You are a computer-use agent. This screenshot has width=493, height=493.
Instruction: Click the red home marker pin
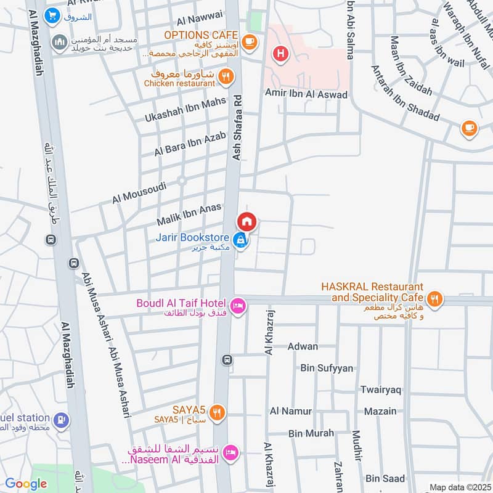pos(246,221)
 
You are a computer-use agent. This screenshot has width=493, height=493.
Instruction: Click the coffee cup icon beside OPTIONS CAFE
pos(249,41)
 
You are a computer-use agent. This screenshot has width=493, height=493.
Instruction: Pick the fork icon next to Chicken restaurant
pos(226,77)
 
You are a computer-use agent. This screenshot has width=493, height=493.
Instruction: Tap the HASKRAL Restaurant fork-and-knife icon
pos(436,299)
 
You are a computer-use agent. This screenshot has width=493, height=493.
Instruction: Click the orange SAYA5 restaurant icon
pos(216,413)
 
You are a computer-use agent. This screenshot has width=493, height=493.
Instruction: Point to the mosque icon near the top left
pos(59,42)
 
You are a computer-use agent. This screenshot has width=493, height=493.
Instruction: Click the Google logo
pos(26,484)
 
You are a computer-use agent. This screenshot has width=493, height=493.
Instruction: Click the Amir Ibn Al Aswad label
pos(306,94)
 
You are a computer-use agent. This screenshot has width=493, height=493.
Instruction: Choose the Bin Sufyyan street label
pos(327,368)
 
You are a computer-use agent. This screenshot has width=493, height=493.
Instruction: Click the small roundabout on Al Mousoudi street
pos(182,181)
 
